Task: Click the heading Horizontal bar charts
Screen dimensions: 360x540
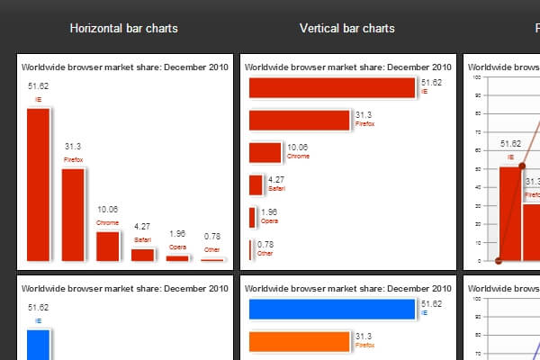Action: click(123, 29)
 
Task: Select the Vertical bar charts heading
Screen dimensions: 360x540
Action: click(346, 29)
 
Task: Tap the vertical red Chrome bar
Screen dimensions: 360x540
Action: click(108, 246)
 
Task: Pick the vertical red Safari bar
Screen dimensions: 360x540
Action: click(143, 254)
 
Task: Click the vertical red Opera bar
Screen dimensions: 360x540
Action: click(177, 257)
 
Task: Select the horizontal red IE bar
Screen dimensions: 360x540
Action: click(331, 87)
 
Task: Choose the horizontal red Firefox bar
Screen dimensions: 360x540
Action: click(299, 120)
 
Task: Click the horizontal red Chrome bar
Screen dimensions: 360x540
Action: click(265, 152)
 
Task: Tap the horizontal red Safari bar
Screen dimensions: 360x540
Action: click(255, 184)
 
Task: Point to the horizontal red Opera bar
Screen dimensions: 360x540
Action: click(251, 217)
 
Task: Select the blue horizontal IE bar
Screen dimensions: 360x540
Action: click(331, 309)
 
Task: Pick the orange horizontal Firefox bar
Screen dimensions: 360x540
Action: click(299, 341)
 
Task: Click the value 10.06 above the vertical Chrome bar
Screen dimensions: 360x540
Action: click(108, 209)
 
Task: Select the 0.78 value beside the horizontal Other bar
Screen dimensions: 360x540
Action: click(265, 244)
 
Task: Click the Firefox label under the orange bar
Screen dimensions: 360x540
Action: click(365, 345)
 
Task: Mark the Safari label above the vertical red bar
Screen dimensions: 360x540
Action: click(143, 240)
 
